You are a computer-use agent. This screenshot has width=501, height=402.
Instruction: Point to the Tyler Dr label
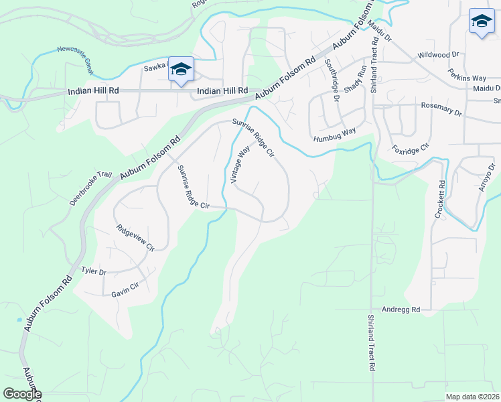click(94, 271)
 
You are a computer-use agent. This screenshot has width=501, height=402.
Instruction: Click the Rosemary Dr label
click(441, 106)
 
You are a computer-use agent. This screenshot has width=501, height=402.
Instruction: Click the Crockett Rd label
click(441, 199)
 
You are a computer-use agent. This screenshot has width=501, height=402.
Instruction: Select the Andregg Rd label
click(401, 310)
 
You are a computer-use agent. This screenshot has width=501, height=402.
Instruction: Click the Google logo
click(21, 394)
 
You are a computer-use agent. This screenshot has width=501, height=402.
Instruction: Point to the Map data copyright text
click(472, 397)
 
